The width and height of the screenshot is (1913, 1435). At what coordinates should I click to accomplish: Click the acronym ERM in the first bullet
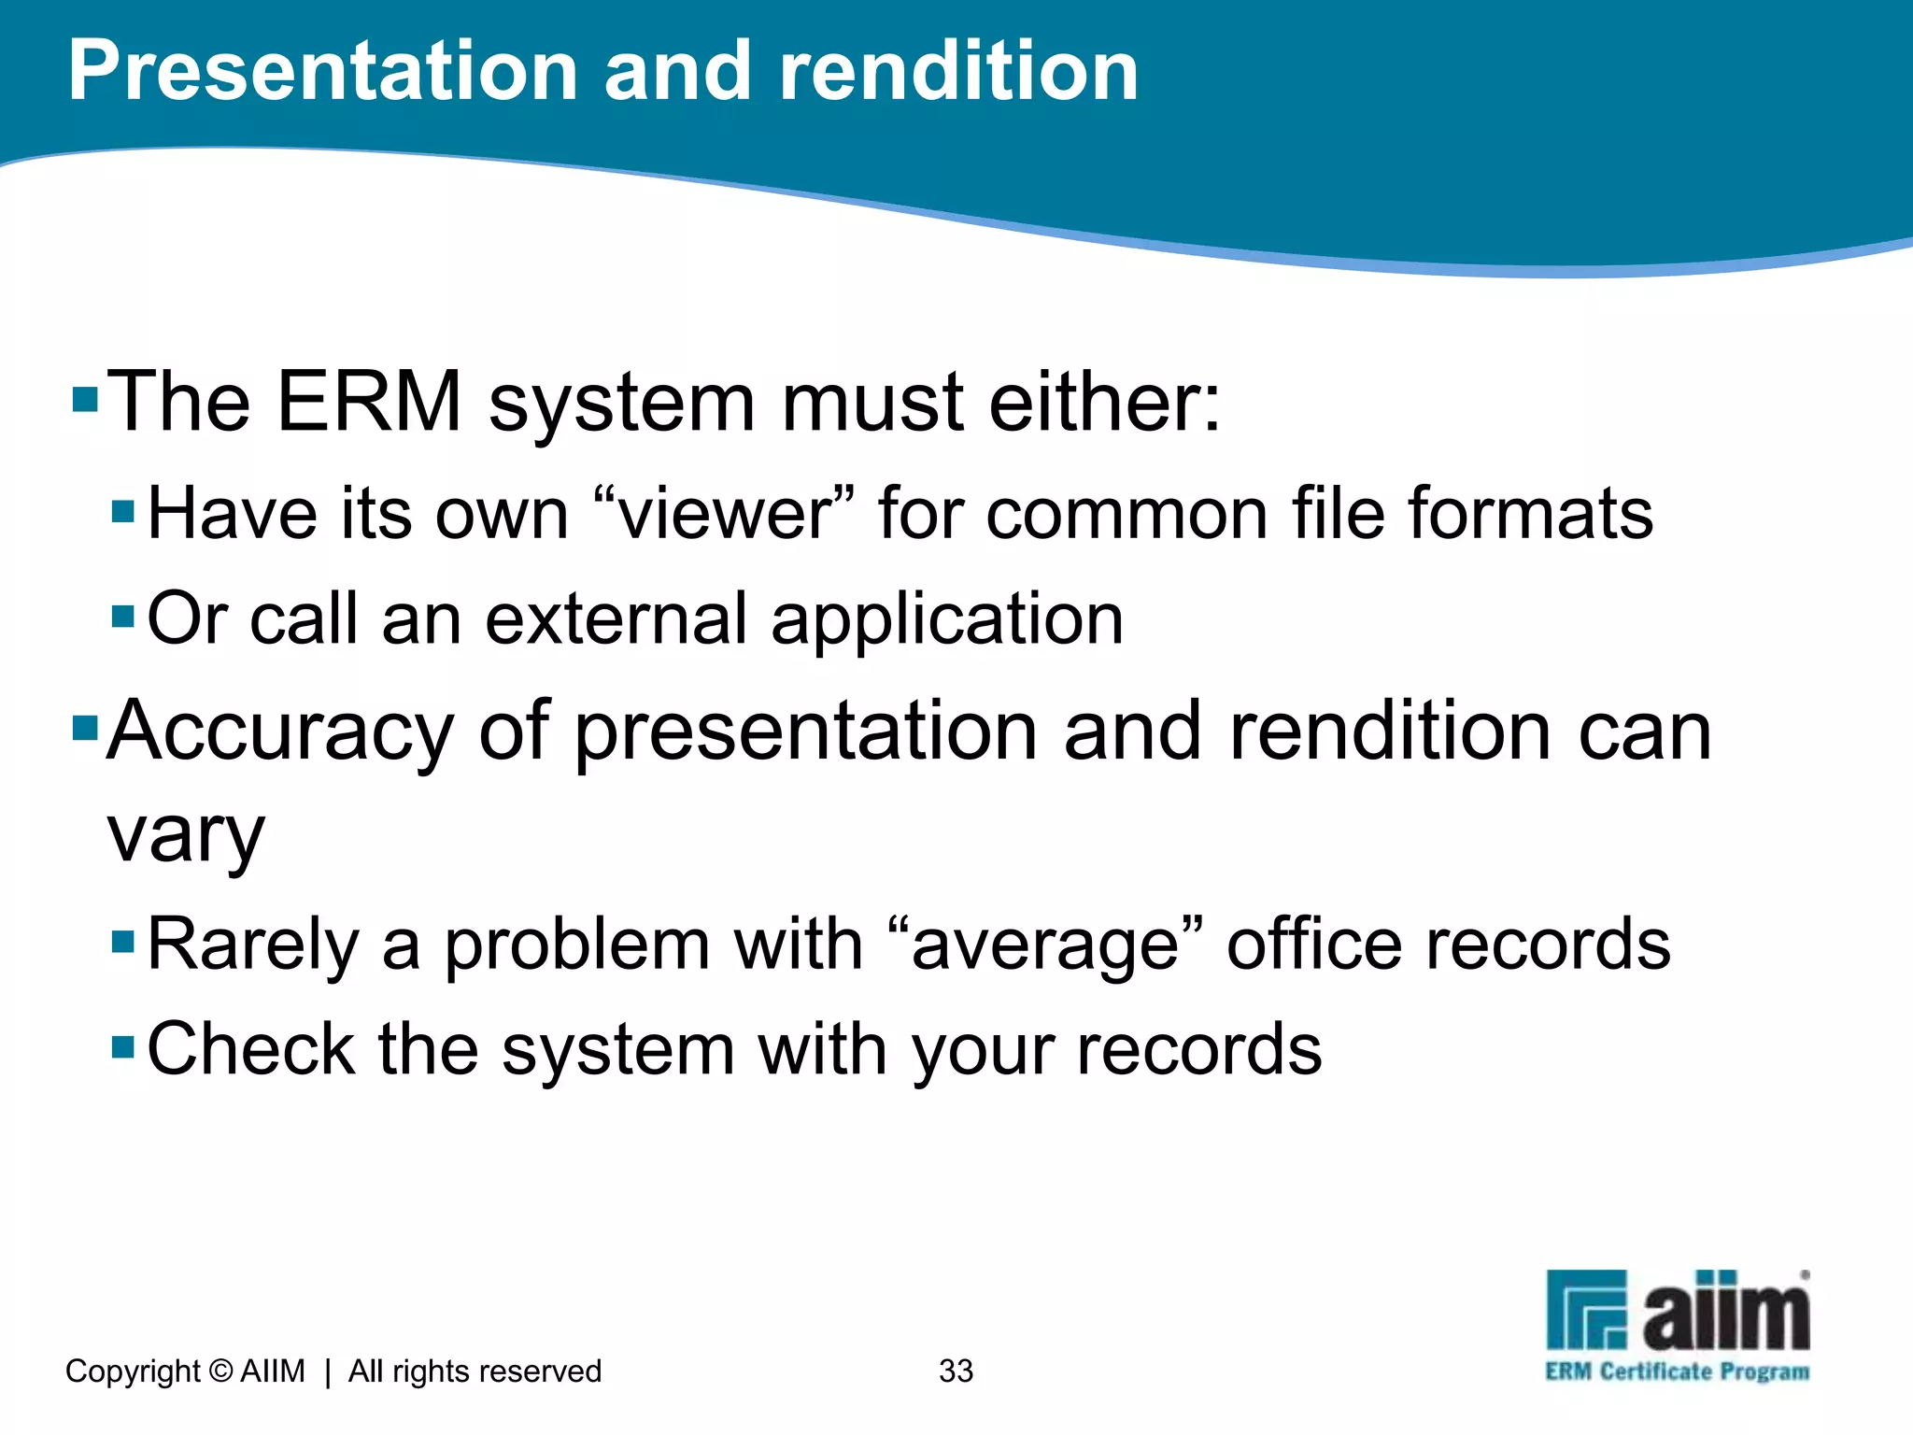coord(370,402)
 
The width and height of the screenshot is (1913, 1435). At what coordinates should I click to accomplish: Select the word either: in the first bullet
coord(1104,402)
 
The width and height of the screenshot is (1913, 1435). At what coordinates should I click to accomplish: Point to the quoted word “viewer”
coord(725,514)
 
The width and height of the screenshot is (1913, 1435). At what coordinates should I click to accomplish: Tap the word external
coord(616,618)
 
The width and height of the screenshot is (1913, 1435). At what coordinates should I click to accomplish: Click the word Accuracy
coord(280,732)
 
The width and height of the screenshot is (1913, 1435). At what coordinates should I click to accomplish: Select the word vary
coord(186,835)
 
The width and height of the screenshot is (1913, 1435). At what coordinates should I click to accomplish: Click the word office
coord(1313,944)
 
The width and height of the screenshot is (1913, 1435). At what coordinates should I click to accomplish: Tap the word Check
coord(250,1049)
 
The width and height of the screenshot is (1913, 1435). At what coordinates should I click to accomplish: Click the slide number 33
coord(956,1371)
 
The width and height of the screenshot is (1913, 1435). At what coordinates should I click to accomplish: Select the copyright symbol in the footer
coord(220,1371)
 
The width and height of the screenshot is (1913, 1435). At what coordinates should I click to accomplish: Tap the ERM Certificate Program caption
coord(1677,1371)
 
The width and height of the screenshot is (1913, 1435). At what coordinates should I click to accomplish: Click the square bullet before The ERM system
coord(85,400)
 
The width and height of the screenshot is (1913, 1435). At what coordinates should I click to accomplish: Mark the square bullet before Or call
coord(123,618)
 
